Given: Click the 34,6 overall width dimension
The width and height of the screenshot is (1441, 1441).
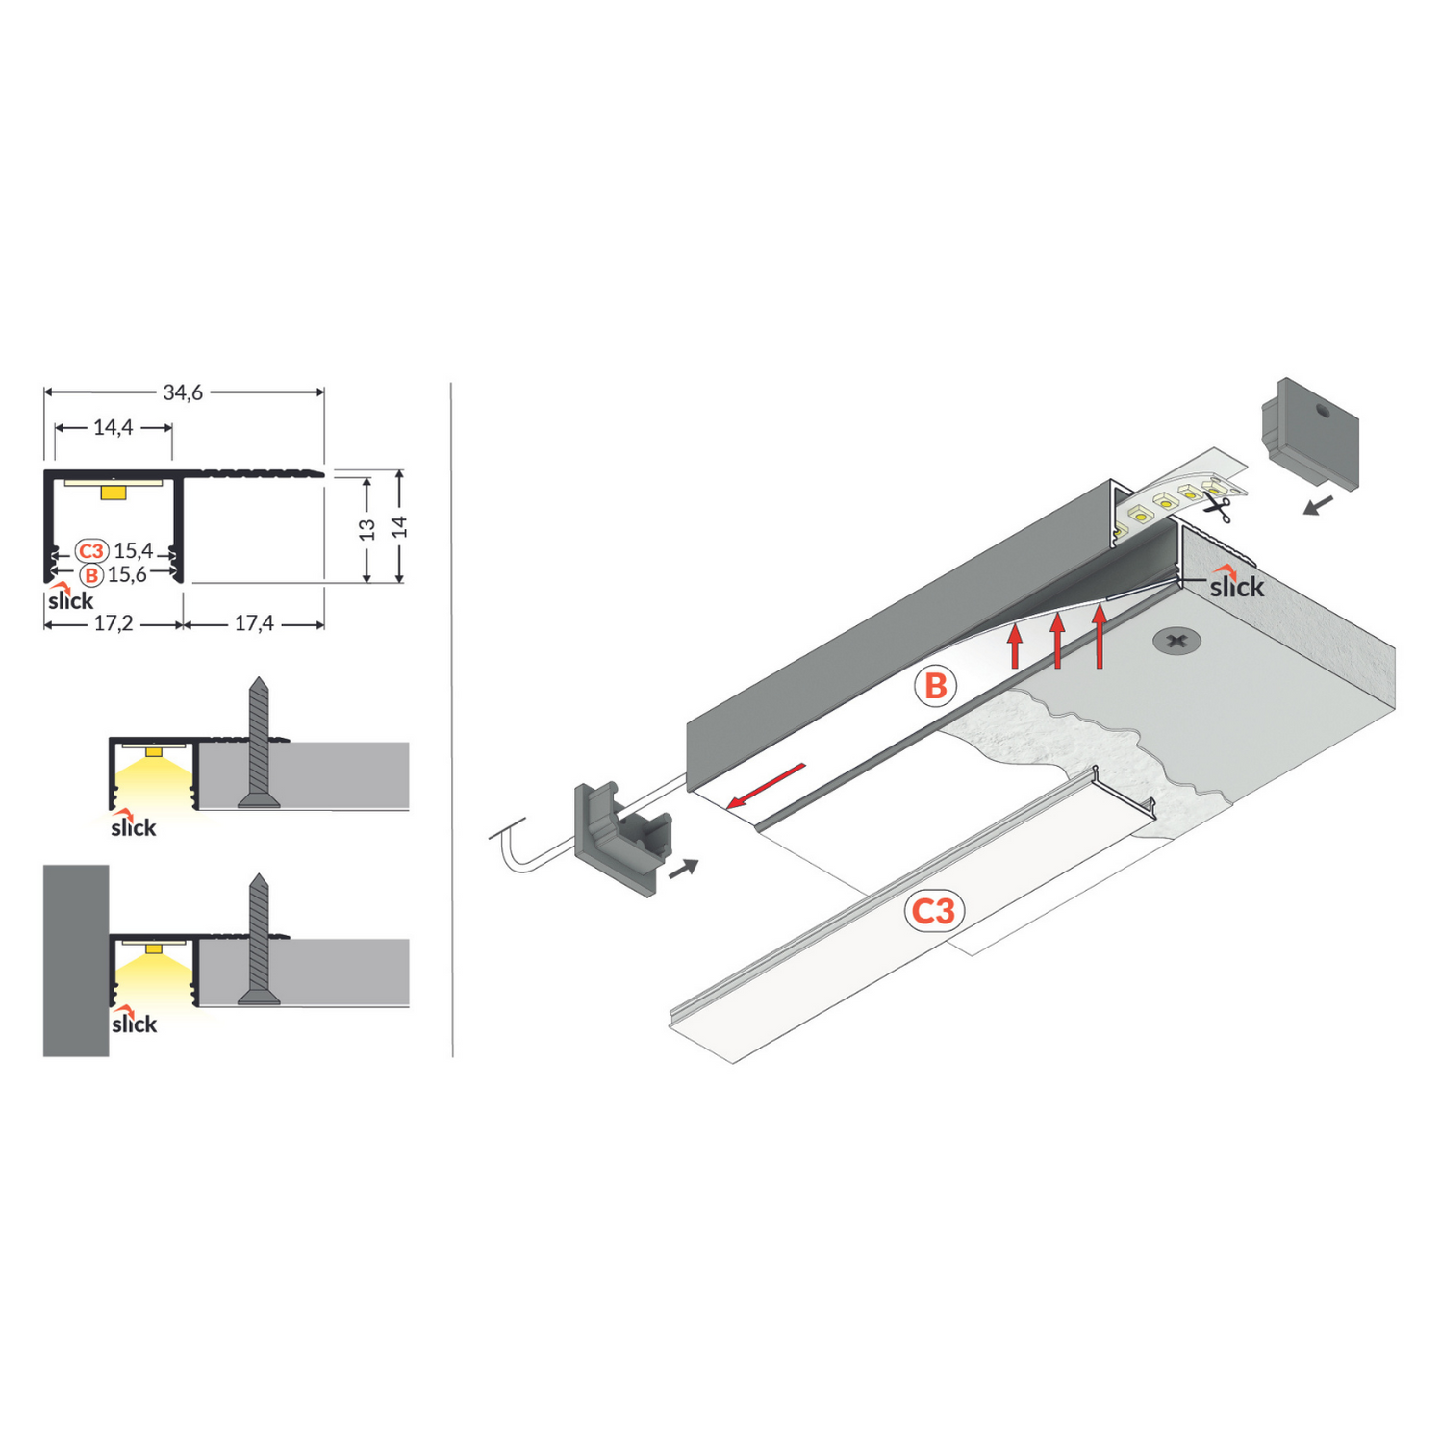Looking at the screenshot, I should pos(183,392).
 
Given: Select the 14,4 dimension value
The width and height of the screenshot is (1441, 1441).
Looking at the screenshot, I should pos(113,427).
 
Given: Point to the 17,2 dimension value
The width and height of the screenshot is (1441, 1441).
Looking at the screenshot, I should pos(113,624).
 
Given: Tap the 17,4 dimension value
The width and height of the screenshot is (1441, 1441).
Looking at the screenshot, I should pos(254,624).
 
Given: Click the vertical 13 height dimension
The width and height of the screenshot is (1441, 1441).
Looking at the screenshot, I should pos(367,529).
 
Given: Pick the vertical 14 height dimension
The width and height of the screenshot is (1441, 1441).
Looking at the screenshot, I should pos(399,527).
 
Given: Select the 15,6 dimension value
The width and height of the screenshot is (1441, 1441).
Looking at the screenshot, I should pos(127,575).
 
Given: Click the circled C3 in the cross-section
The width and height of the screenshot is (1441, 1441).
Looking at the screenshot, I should pos(90,551).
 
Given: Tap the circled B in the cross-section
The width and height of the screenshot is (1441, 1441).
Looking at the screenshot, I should pos(90,575).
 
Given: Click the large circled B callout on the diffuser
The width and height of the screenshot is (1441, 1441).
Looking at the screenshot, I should pos(935,687).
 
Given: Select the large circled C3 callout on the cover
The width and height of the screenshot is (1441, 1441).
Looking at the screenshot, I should pos(933,910).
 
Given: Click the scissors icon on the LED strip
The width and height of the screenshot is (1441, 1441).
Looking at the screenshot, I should pos(1219,507).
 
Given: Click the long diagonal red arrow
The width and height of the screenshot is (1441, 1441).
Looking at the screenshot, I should pos(766,786).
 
